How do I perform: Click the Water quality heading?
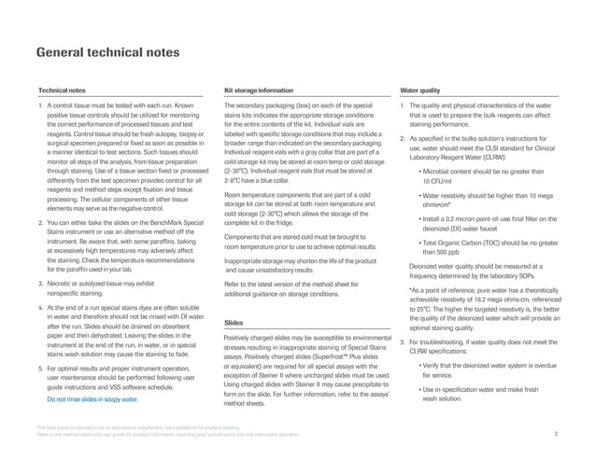(x=419, y=91)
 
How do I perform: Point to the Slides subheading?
(x=235, y=322)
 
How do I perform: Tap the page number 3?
(x=556, y=435)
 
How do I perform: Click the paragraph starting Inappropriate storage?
(x=299, y=265)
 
